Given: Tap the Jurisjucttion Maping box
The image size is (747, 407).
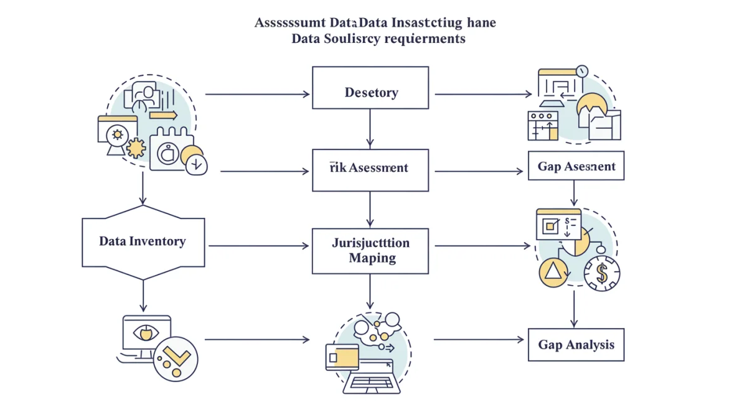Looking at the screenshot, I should coord(370,251).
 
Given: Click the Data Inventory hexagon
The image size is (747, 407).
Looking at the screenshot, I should coord(143,241).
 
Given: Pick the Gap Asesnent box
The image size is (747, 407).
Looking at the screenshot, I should coord(576,166).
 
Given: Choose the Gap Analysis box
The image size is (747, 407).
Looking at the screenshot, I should coord(576,344).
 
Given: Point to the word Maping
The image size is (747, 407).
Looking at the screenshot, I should coord(372,258).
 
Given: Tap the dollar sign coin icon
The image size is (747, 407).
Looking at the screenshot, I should coord(601,273).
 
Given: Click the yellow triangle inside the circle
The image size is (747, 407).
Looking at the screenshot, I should coord(552,271).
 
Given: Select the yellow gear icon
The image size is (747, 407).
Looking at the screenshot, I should coord(136,148).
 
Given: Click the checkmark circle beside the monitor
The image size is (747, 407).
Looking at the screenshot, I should coord(176,359).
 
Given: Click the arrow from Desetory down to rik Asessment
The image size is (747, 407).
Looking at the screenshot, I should coord(370,129).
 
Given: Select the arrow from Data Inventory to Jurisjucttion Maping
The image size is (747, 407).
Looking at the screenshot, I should coord(258,246).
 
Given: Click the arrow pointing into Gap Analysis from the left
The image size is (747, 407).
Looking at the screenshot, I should coord(479,340).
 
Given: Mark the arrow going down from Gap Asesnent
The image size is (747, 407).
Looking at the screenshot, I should coord(573,194).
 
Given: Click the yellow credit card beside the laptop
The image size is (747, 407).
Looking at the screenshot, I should coord(342,357).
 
